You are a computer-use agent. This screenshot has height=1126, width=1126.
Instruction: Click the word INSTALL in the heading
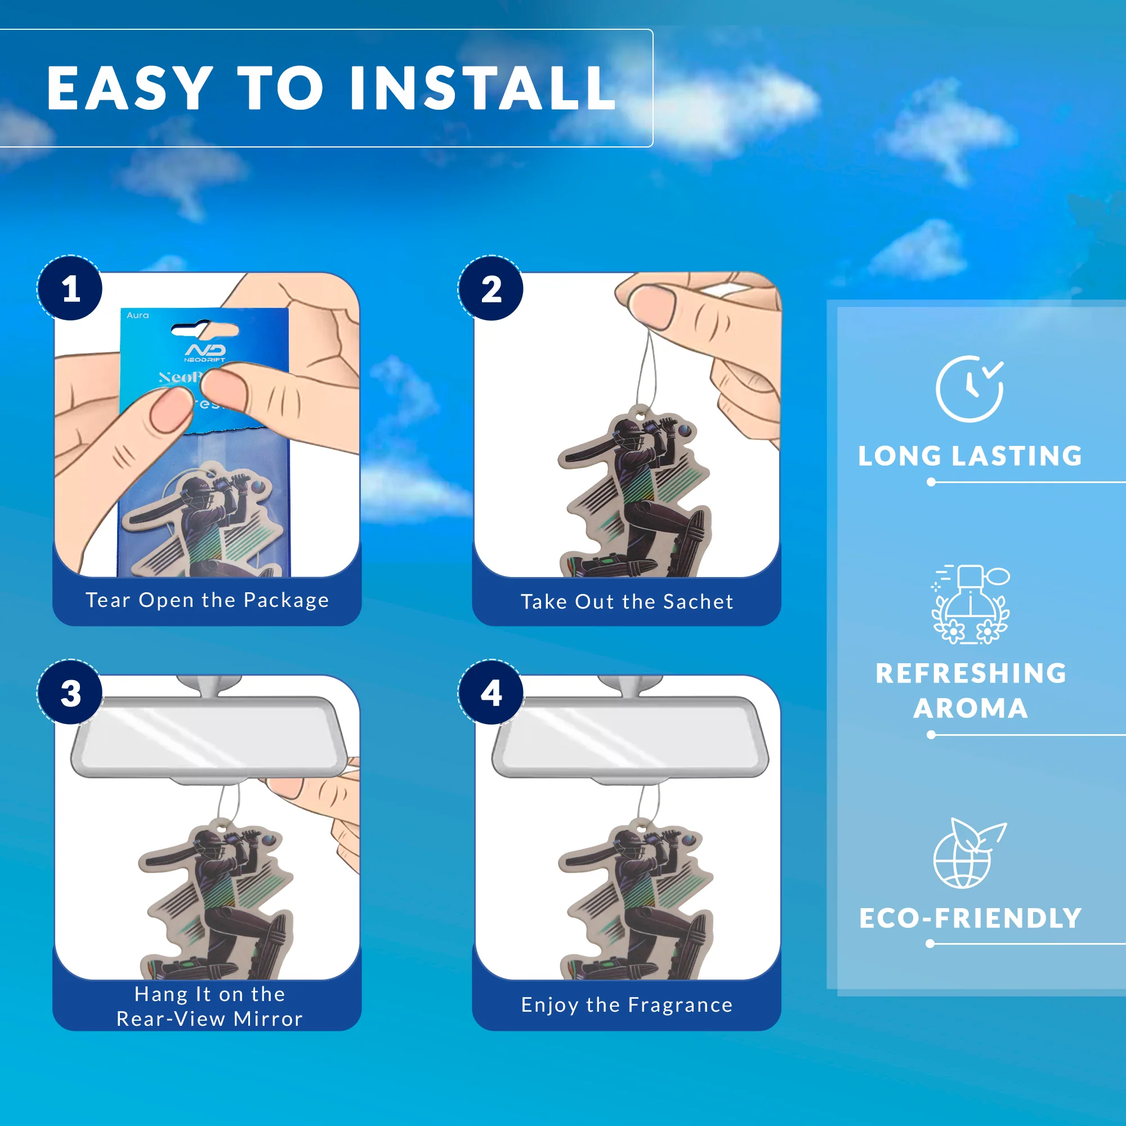pos(482,88)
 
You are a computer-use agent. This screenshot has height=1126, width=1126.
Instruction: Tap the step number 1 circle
pos(70,288)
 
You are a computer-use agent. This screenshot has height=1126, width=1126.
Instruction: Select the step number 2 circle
pos(491,288)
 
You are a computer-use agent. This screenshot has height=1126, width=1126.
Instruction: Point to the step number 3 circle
pos(70,693)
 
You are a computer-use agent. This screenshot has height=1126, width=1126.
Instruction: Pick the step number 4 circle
pos(491,693)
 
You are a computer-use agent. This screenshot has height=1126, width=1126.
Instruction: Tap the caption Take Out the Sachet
pos(627,601)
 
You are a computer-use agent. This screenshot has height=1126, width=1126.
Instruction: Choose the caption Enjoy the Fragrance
pos(627,1005)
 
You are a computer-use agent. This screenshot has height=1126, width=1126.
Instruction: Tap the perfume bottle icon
pos(971,604)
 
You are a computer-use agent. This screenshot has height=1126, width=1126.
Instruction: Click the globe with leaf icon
pos(967,854)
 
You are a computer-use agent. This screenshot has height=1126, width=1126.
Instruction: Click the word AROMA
pos(971,708)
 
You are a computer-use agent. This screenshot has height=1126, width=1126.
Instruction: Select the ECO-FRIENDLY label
pos(970,918)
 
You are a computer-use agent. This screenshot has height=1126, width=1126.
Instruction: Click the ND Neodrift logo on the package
pos(205,352)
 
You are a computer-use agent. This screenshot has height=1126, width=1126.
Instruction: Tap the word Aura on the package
pos(137,315)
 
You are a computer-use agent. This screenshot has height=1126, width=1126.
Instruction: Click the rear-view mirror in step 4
pos(629,738)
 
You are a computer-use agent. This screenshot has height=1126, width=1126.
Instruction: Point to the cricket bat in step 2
pos(586,453)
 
